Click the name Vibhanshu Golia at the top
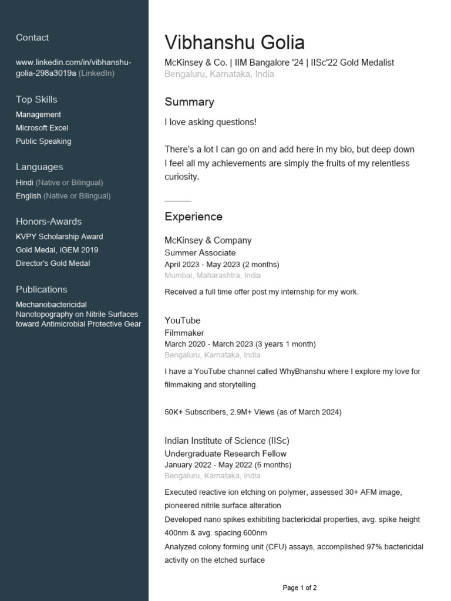tap(234, 43)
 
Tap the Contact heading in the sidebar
tap(32, 38)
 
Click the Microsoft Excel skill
tap(42, 128)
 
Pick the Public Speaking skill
tap(43, 141)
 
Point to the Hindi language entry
tap(25, 183)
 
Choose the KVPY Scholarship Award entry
tap(59, 237)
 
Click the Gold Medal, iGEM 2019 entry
tap(57, 250)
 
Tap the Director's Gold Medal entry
tap(53, 264)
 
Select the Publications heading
tap(42, 289)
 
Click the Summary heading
tap(189, 102)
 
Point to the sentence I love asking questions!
tap(210, 122)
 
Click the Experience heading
tap(193, 217)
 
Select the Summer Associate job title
tap(200, 253)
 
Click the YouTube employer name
tap(182, 320)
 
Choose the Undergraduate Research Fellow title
tap(225, 454)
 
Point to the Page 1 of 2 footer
tap(299, 588)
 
